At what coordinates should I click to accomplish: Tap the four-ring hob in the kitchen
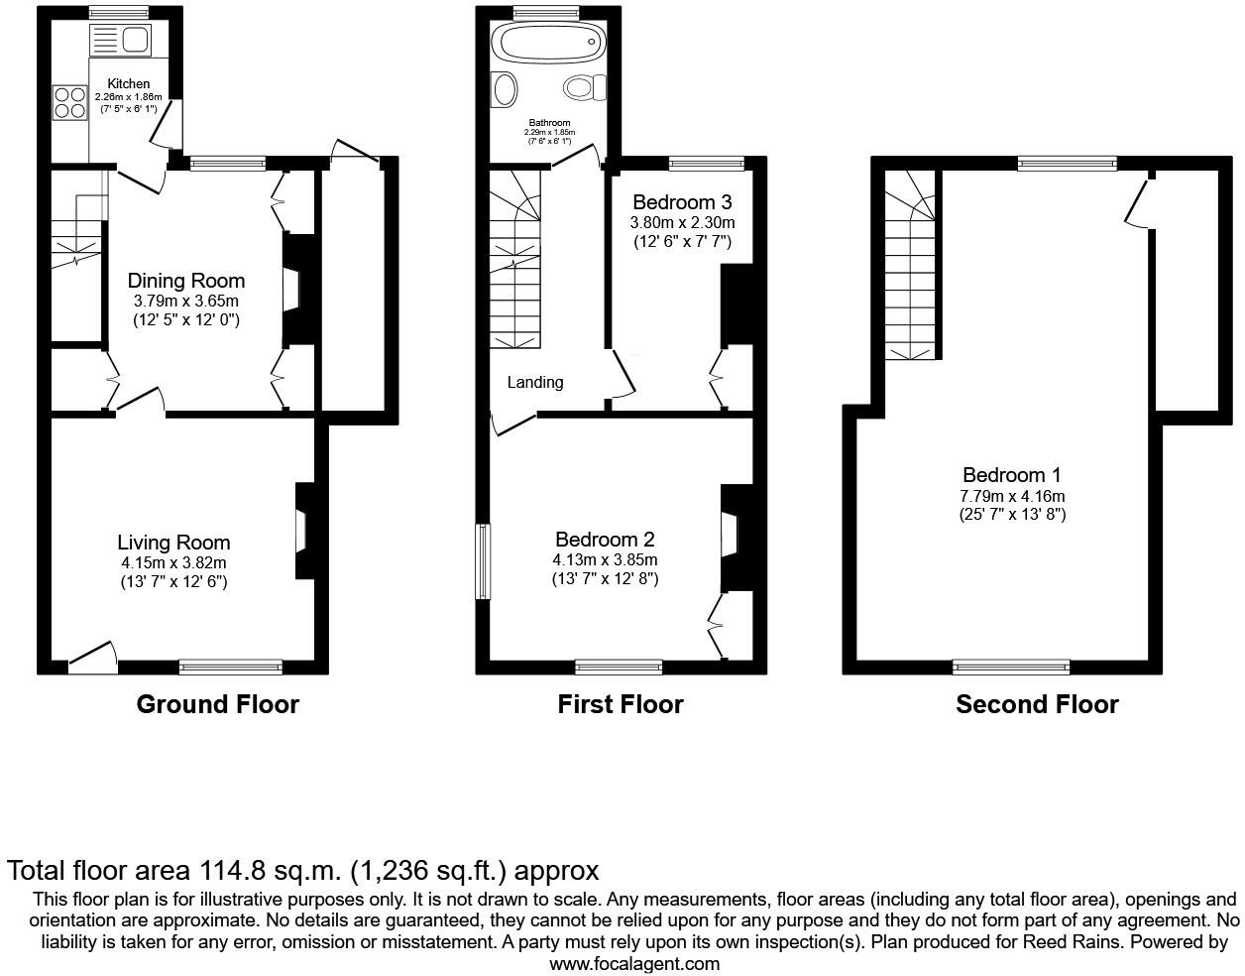[69, 102]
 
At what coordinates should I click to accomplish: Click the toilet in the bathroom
[584, 88]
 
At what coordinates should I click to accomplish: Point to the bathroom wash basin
[505, 89]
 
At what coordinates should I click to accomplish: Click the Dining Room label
[186, 281]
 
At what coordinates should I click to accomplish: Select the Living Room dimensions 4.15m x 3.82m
[173, 562]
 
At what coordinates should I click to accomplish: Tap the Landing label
[535, 382]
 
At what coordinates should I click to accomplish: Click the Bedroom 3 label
[682, 202]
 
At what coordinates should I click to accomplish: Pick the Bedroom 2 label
[605, 540]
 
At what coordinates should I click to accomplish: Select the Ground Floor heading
[217, 704]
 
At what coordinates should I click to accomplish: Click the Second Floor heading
[1037, 704]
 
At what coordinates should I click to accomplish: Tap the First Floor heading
[621, 704]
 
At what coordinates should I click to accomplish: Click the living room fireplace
[302, 530]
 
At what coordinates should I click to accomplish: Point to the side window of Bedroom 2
[483, 562]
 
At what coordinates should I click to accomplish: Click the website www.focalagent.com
[634, 963]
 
